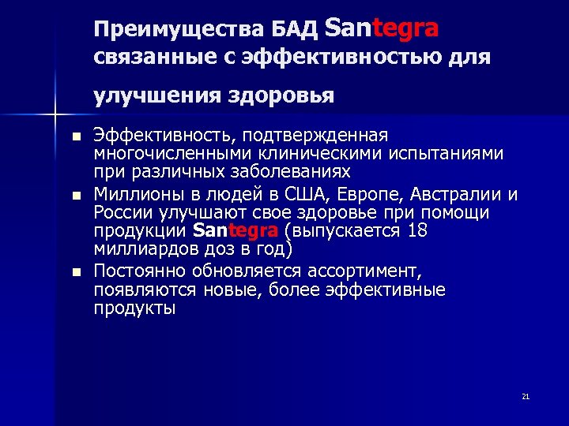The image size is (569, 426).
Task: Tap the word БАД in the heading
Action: click(x=295, y=30)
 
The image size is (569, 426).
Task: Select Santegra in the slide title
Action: click(x=382, y=28)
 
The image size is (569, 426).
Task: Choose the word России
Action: click(x=119, y=213)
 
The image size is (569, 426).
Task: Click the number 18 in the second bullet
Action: click(x=419, y=231)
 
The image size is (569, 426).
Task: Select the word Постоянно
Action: click(x=137, y=271)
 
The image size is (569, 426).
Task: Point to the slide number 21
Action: click(x=525, y=396)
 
